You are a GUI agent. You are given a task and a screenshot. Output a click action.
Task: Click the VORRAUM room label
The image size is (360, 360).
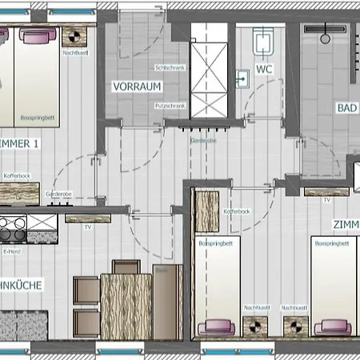138,86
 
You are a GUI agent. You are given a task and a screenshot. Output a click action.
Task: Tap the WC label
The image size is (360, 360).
265,70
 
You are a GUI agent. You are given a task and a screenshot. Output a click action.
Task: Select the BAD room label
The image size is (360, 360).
346,108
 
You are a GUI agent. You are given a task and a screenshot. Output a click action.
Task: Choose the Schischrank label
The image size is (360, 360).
171,69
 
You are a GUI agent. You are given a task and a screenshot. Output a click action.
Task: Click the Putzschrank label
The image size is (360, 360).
171,105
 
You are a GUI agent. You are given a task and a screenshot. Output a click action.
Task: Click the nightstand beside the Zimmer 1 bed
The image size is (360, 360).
74,37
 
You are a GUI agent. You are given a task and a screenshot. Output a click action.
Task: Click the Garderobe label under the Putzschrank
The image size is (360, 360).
203,140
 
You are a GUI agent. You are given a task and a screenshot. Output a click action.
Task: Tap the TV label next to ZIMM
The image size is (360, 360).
326,200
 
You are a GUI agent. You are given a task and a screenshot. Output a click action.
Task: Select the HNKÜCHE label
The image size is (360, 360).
22,285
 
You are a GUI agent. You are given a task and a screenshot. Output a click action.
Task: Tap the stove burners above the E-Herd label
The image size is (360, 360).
14,228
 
